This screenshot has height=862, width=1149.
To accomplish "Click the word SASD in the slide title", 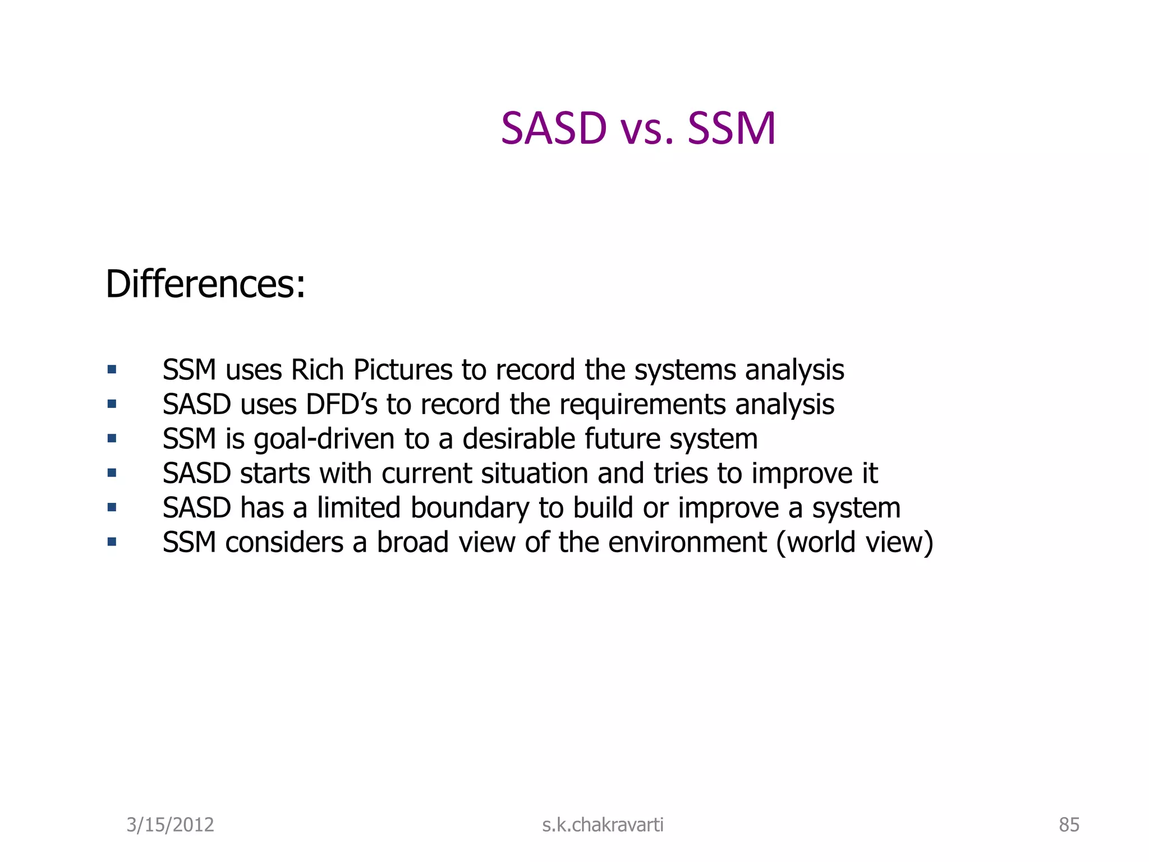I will pos(554,129).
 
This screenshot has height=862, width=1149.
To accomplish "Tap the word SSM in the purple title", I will pos(732,129).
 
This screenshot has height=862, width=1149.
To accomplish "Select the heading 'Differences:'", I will pos(205,284).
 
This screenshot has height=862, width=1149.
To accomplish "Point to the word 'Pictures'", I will pos(403,370).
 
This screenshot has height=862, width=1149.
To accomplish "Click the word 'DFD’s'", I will pos(341,405).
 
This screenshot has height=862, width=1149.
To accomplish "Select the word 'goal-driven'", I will pos(324,439).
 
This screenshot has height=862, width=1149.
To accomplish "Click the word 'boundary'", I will pos(470,508).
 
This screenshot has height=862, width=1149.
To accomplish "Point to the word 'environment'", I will pos(687,543).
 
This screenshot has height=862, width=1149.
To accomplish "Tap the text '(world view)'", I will pos(855,543).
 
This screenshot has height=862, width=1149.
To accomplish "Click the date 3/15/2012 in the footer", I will pos(170,825).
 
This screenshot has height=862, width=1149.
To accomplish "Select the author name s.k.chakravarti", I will pos(603,825).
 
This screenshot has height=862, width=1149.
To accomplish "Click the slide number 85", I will pos(1069,825).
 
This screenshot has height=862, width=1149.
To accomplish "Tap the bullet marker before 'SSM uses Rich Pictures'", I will pos(112,369).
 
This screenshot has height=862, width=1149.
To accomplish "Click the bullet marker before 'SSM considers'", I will pos(112,542).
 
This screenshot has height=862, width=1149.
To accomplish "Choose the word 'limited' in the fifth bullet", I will pos(359,508).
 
